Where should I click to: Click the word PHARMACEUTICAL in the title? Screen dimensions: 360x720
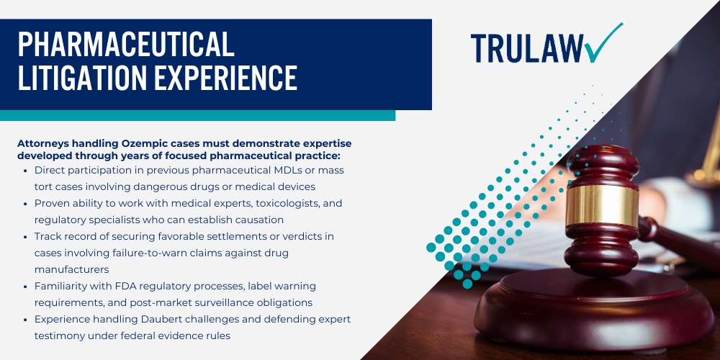point(126,45)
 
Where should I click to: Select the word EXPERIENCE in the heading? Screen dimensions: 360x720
point(229,78)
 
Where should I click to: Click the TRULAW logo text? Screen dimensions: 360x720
point(526,48)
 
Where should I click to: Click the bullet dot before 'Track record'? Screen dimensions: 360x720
point(27,236)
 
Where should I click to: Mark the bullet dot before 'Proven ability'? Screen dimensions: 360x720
point(27,203)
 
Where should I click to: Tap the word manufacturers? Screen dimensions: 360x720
point(71,269)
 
